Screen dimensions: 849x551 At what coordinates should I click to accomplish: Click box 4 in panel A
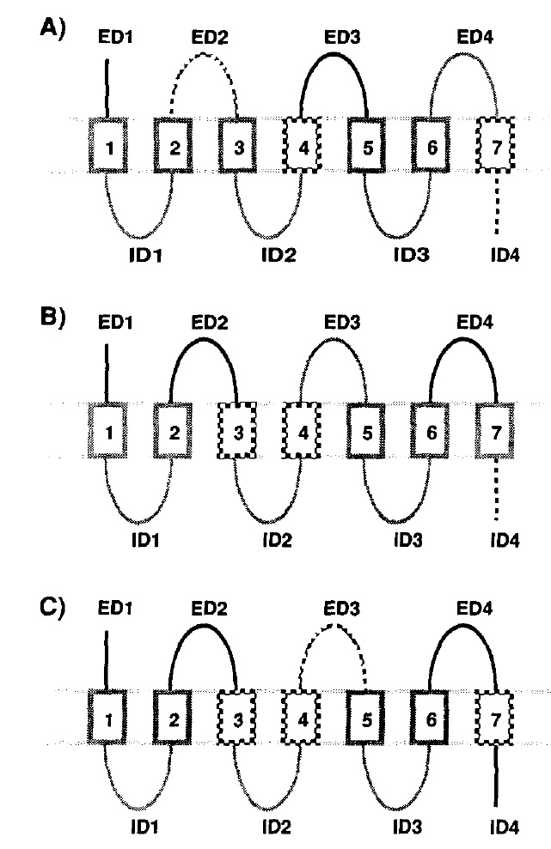pyautogui.click(x=302, y=145)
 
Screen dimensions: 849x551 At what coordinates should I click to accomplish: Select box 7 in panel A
pyautogui.click(x=495, y=145)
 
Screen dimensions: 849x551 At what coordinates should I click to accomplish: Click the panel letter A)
pyautogui.click(x=54, y=28)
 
